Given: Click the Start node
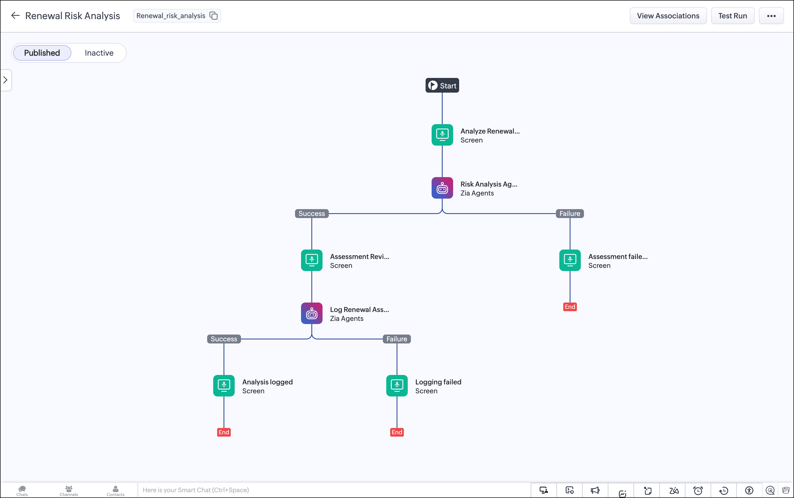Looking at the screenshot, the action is (442, 85).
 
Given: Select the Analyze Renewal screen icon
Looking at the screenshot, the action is (442, 135).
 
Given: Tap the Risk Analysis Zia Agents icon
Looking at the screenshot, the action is (442, 188).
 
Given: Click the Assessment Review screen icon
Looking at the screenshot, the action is (312, 260).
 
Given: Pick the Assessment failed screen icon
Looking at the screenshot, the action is (570, 260).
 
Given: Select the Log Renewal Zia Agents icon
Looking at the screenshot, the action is (312, 313).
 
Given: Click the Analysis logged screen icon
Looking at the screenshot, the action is (224, 386).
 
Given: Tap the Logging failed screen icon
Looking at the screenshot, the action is (397, 386).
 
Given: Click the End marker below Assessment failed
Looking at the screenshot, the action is (570, 307).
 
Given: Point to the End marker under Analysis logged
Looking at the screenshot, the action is (224, 432).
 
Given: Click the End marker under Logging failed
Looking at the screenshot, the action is (397, 432).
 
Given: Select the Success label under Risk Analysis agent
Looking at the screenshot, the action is (312, 213).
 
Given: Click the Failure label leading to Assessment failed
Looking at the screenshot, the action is (570, 213).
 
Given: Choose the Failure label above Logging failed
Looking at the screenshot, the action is (397, 339).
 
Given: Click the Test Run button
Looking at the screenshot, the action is (732, 16).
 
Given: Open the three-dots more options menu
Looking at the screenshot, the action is (771, 16).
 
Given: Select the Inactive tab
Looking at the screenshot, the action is (99, 53).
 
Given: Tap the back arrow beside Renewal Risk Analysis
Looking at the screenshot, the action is (15, 15).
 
